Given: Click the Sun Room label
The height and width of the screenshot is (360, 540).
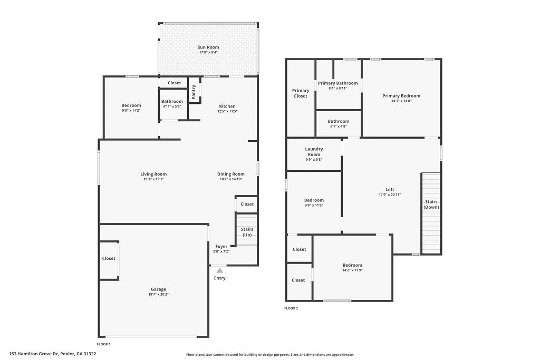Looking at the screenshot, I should [x=209, y=47].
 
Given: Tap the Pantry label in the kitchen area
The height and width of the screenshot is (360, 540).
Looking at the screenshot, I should [x=194, y=92].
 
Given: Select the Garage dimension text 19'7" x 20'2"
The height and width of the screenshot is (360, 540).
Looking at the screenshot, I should [x=158, y=294].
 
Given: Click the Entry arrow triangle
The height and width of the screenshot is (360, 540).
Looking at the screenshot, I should [x=220, y=270].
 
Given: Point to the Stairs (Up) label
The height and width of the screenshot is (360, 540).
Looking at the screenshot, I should [x=247, y=232].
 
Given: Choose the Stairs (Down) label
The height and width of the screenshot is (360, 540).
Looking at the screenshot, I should [x=431, y=205].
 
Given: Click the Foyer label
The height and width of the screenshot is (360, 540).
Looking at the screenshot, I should [x=221, y=246].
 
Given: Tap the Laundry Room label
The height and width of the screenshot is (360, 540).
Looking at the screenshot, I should [x=314, y=152].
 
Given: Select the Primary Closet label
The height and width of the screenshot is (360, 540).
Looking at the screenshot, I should [x=301, y=93].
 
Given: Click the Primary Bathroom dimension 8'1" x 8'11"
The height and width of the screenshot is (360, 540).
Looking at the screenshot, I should [x=337, y=89].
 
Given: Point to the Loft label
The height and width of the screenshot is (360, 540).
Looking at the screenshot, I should [x=390, y=190].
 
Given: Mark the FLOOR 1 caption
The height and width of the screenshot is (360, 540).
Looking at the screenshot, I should [x=104, y=344].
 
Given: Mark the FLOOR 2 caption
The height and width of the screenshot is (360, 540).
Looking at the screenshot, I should [x=291, y=308].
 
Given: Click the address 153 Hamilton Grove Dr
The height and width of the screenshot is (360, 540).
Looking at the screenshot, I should [x=53, y=354].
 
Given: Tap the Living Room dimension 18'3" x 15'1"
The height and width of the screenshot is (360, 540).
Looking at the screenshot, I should [x=153, y=179].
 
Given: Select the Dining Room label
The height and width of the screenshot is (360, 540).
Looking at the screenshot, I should [x=231, y=174].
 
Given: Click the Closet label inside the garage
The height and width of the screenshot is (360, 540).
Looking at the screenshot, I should [x=109, y=258].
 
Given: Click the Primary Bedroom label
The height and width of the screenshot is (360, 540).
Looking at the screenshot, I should [x=401, y=96].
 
